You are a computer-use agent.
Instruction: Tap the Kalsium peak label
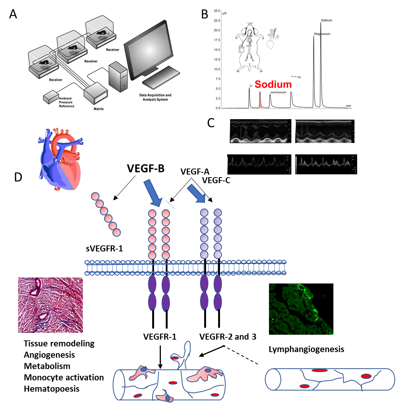[326, 20]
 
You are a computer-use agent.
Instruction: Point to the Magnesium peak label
[322, 34]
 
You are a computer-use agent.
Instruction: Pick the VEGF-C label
[216, 181]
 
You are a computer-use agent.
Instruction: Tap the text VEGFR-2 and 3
[228, 337]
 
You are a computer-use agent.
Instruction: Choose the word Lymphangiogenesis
[306, 349]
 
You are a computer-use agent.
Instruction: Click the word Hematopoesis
[52, 389]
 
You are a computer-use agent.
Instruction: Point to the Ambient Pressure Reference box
[51, 98]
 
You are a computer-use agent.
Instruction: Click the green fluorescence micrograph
[301, 309]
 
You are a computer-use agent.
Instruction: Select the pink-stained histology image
[50, 305]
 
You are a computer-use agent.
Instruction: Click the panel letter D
[17, 177]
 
